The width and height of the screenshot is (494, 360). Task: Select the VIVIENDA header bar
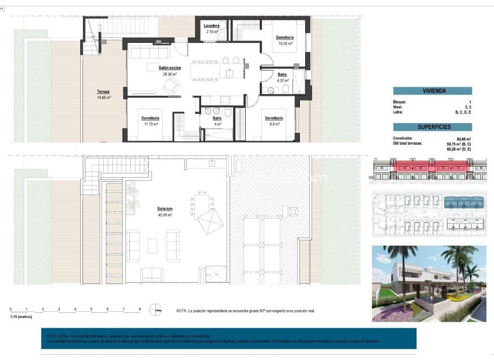pyautogui.click(x=432, y=91)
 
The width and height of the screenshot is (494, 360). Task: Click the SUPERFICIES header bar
pyautogui.click(x=432, y=127)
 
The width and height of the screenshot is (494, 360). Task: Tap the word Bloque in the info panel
pyautogui.click(x=400, y=102)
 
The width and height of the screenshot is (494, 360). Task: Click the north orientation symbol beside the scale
pyautogui.click(x=155, y=310)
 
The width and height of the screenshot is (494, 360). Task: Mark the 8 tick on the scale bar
pyautogui.click(x=139, y=309)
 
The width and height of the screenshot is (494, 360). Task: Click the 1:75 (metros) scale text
pyautogui.click(x=21, y=317)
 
